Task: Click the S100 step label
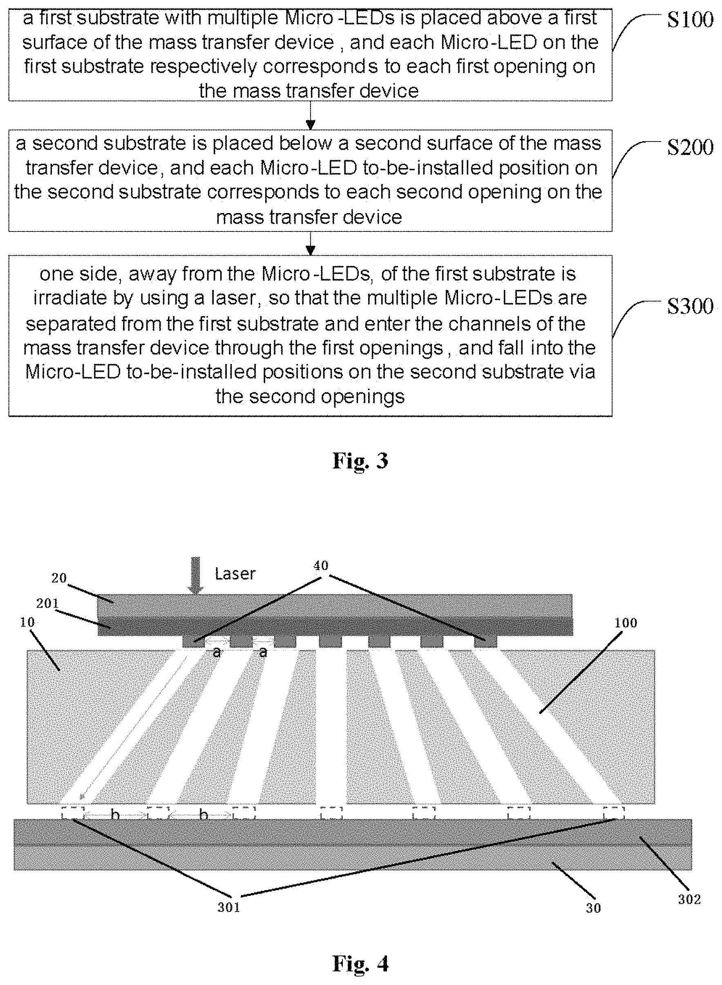pyautogui.click(x=690, y=20)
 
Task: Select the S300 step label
pyautogui.click(x=690, y=306)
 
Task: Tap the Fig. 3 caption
pyautogui.click(x=360, y=460)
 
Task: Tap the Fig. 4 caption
pyautogui.click(x=360, y=963)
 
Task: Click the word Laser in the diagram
pyautogui.click(x=235, y=573)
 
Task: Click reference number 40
pyautogui.click(x=321, y=565)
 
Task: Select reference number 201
pyautogui.click(x=47, y=604)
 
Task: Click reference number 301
pyautogui.click(x=228, y=908)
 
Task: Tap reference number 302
pyautogui.click(x=689, y=899)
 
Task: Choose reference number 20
pyautogui.click(x=59, y=578)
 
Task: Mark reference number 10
pyautogui.click(x=27, y=622)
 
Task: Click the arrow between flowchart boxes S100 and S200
pyautogui.click(x=310, y=115)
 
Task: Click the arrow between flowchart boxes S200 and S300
pyautogui.click(x=310, y=244)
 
